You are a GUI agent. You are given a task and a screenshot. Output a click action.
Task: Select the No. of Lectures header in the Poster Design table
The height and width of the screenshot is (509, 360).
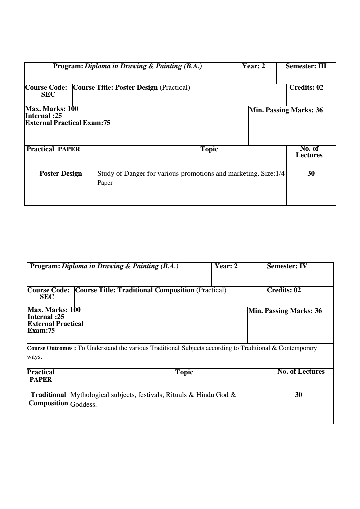click(309, 152)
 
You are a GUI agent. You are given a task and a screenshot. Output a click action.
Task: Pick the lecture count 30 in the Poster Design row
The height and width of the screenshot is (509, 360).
click(311, 173)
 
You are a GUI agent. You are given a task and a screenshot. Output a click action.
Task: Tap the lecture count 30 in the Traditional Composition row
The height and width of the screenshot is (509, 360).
click(298, 395)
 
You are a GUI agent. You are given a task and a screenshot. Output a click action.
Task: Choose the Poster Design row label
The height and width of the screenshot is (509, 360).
click(61, 174)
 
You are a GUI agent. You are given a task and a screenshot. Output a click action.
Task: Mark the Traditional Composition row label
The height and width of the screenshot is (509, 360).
click(48, 399)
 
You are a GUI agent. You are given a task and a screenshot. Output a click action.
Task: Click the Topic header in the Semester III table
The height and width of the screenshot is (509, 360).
click(209, 149)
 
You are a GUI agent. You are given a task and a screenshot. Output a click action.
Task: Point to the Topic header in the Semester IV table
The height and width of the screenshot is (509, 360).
click(184, 372)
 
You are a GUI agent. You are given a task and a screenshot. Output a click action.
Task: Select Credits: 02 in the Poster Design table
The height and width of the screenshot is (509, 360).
click(306, 88)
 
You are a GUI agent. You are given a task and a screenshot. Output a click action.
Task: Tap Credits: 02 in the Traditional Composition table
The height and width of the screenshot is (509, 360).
click(284, 290)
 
